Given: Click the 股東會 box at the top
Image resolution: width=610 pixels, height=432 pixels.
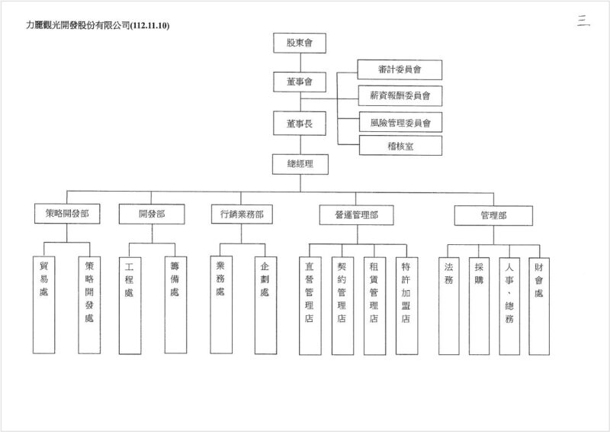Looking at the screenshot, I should [300, 43].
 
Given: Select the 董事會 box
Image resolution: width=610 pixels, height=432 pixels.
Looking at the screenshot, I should [300, 81].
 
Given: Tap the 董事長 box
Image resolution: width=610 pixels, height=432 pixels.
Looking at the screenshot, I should [300, 122].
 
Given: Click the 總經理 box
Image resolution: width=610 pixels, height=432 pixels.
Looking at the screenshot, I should [300, 163].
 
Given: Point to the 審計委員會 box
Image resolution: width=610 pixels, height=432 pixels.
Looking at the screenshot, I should [400, 69].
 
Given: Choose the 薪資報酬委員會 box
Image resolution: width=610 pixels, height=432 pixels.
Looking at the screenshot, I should [400, 95].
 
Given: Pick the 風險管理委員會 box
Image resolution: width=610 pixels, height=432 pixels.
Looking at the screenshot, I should [400, 121].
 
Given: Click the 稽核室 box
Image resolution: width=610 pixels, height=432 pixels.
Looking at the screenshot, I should [400, 145].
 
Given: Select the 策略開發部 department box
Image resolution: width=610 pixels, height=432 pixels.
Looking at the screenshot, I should [67, 215].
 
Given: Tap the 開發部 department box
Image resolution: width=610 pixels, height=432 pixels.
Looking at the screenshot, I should [152, 215].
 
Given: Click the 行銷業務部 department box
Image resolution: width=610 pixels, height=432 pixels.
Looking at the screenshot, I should [242, 215].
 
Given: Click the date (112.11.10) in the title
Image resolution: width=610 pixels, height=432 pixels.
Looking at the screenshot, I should [150, 25].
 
